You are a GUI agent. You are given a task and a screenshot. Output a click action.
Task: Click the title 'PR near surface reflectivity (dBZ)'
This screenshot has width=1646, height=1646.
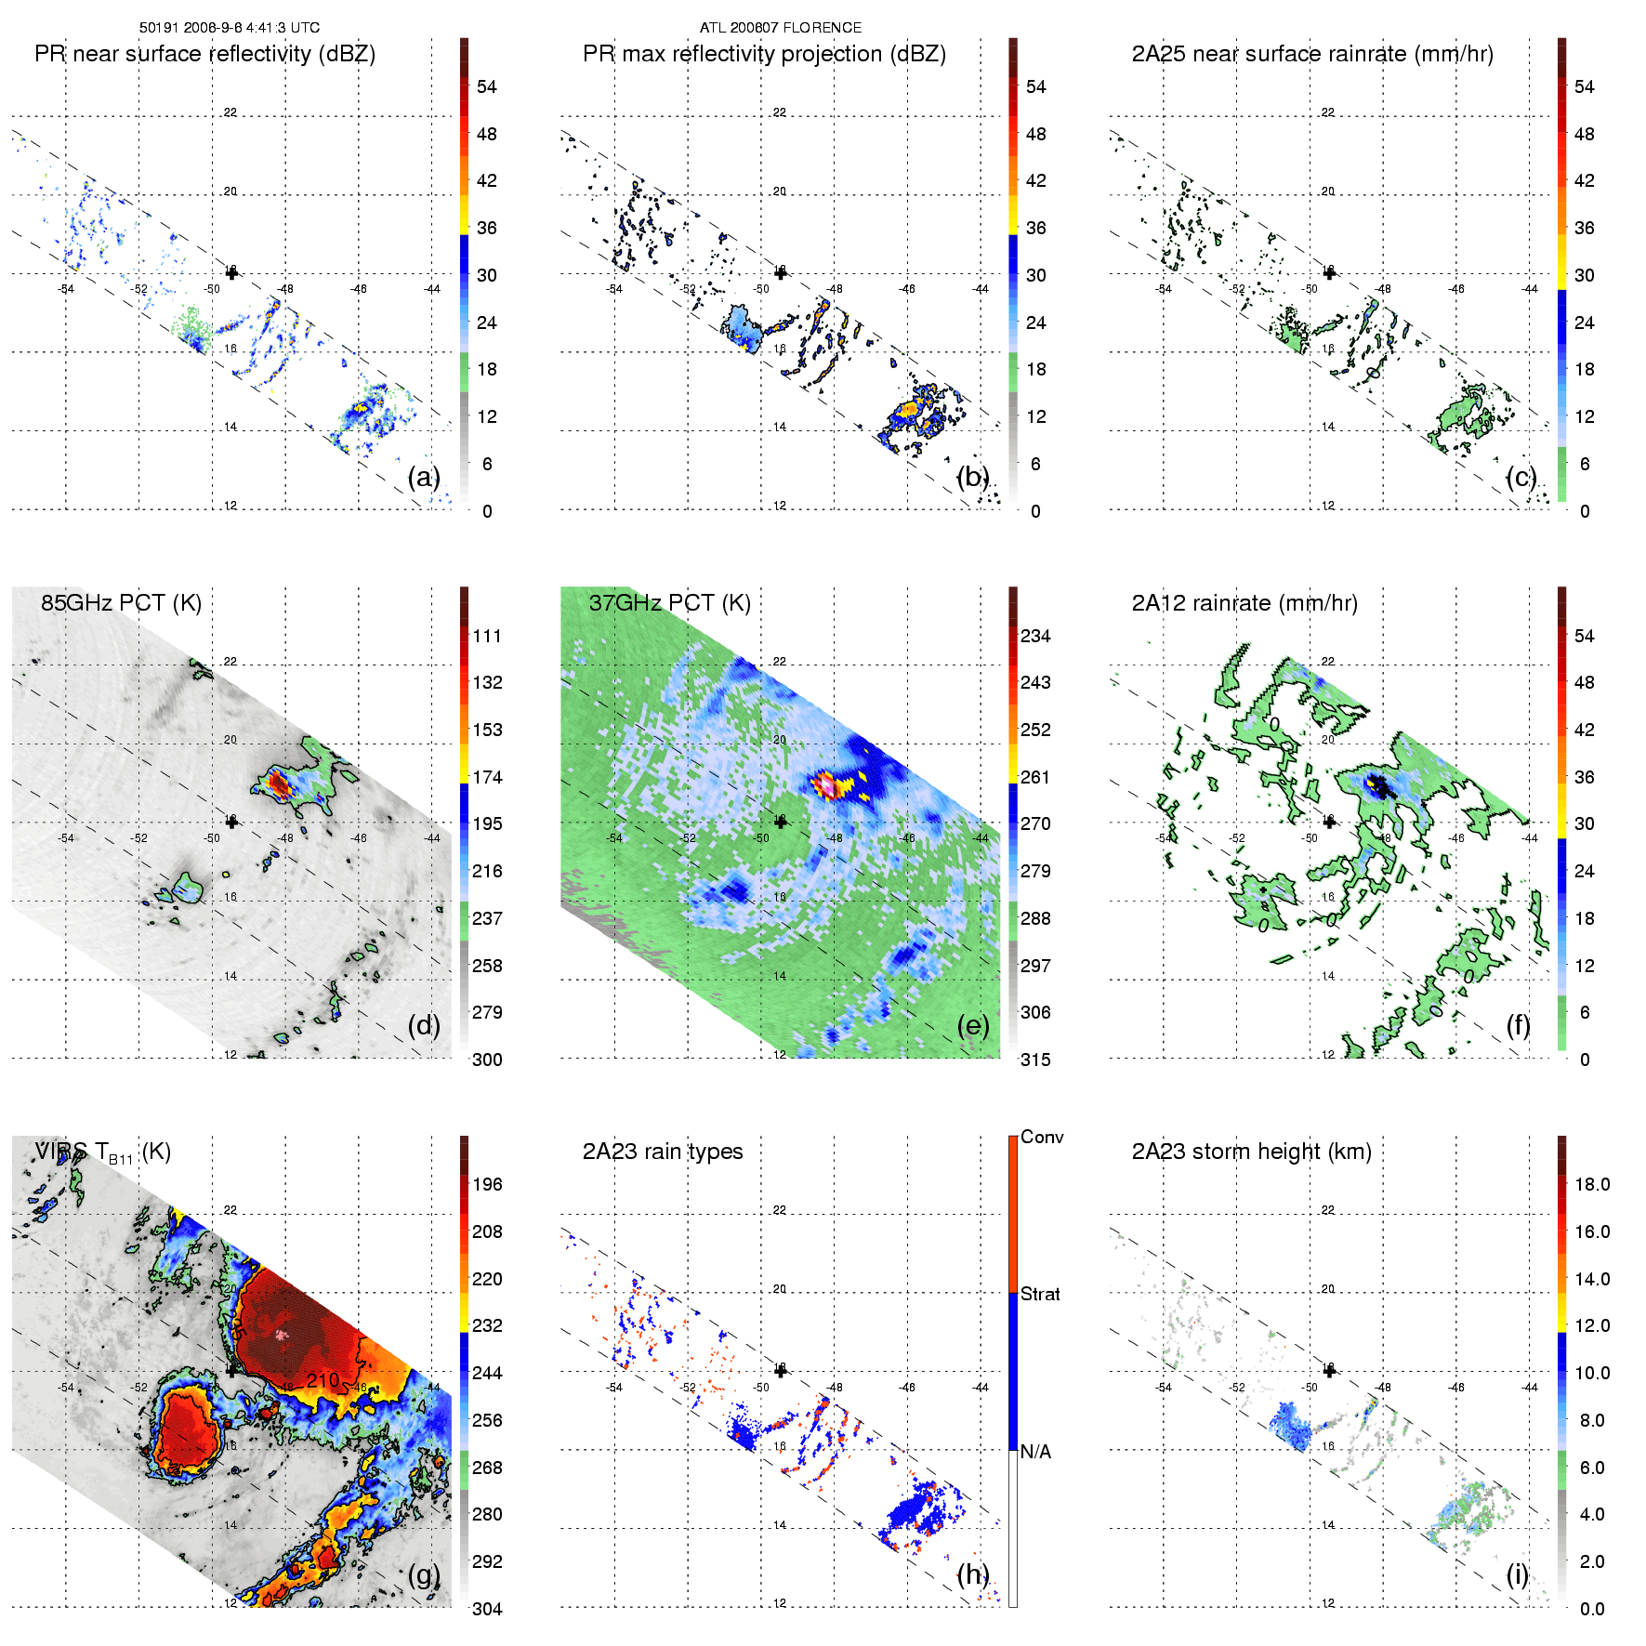(x=204, y=54)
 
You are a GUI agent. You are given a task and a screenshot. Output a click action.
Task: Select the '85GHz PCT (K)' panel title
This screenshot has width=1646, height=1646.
(x=121, y=603)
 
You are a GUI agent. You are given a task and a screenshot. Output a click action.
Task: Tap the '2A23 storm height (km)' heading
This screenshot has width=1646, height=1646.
(x=1251, y=1152)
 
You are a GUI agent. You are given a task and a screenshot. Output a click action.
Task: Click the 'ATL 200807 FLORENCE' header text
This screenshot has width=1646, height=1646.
(x=781, y=28)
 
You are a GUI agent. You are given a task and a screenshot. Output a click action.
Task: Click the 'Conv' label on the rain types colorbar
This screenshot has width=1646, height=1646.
(x=1042, y=1137)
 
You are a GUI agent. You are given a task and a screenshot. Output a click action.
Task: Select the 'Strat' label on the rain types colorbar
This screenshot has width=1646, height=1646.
(x=1040, y=1294)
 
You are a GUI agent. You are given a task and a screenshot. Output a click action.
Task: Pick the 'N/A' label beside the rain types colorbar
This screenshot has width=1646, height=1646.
(x=1034, y=1452)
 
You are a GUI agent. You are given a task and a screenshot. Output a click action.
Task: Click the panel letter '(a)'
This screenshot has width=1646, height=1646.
(x=424, y=477)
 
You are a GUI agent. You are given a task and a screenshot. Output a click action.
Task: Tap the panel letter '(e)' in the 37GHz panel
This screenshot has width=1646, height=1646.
(x=973, y=1025)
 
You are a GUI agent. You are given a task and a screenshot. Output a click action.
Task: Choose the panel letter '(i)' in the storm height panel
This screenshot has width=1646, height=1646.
(x=1517, y=1574)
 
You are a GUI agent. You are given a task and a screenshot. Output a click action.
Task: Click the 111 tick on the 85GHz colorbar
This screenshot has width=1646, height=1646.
(x=487, y=636)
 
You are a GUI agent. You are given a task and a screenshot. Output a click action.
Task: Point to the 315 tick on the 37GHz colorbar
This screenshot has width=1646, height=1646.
(x=1035, y=1060)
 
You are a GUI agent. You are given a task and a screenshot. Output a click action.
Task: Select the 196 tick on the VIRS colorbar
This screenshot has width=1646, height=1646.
(x=487, y=1184)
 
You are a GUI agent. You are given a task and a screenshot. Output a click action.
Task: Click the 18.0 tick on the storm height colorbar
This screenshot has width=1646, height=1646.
(x=1592, y=1184)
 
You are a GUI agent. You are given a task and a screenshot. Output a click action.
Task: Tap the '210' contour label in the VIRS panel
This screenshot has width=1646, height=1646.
(x=323, y=1379)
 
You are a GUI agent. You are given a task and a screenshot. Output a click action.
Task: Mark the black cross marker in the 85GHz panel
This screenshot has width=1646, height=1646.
(x=231, y=822)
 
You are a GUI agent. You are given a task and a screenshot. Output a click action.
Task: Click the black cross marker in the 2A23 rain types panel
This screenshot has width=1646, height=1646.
(x=781, y=1370)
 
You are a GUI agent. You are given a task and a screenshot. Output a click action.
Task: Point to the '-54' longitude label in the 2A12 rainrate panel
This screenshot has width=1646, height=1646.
(x=1163, y=838)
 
